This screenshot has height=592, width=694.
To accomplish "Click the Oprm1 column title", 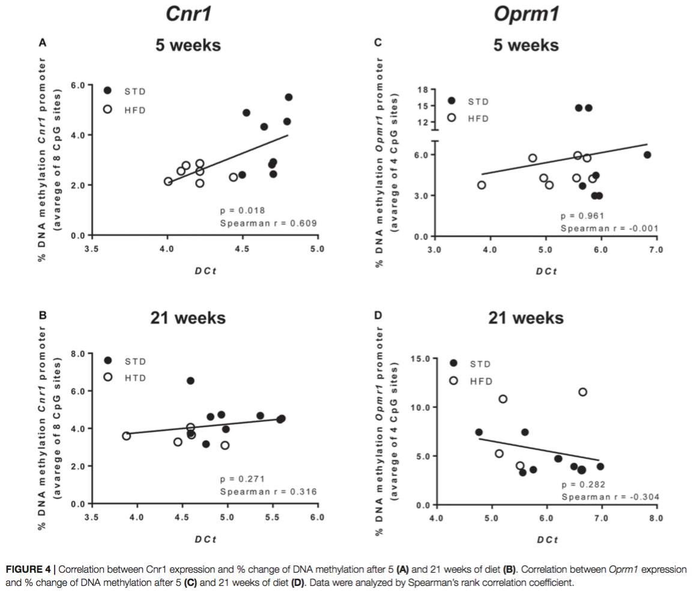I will (526, 13).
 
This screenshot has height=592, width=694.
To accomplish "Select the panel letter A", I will (42, 43).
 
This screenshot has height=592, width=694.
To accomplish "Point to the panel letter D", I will (377, 315).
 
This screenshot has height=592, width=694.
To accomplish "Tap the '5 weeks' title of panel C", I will (526, 45).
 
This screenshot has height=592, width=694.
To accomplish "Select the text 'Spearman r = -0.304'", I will (609, 497).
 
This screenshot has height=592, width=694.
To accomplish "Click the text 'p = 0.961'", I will (582, 216).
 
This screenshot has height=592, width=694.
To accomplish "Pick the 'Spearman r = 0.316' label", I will (268, 492).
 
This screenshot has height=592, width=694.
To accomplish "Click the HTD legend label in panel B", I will (135, 378).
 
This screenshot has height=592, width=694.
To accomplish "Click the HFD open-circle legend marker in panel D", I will (454, 381).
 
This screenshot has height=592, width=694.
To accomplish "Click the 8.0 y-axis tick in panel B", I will (77, 354).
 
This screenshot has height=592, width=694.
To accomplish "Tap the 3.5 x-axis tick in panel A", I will (92, 248).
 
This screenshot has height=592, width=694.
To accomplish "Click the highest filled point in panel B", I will (190, 381).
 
